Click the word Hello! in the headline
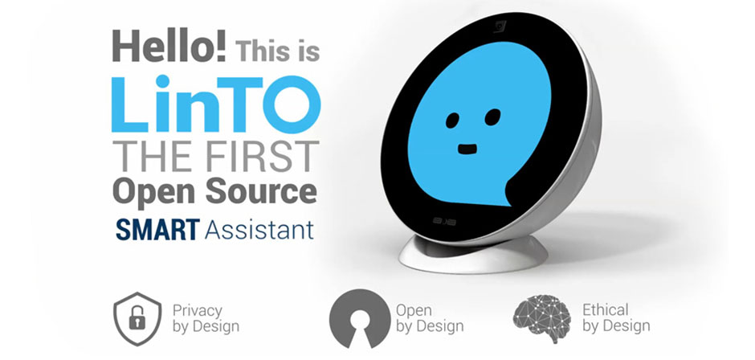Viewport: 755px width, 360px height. pos(169,47)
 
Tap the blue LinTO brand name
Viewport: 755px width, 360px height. pos(216,104)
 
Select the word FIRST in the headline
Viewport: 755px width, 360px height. pos(257,157)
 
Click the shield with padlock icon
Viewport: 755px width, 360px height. pos(137,318)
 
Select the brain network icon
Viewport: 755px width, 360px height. pos(541,319)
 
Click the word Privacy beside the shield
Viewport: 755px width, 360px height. pos(198,310)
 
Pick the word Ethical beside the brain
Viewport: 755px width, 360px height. pos(606,309)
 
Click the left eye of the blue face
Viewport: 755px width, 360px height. pos(453,120)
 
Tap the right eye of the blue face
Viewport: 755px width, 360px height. pos(492,117)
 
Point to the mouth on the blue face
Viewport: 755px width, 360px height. pos(467,149)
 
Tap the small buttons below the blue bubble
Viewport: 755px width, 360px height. pos(444,221)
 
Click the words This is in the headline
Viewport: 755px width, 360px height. pos(277,51)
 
